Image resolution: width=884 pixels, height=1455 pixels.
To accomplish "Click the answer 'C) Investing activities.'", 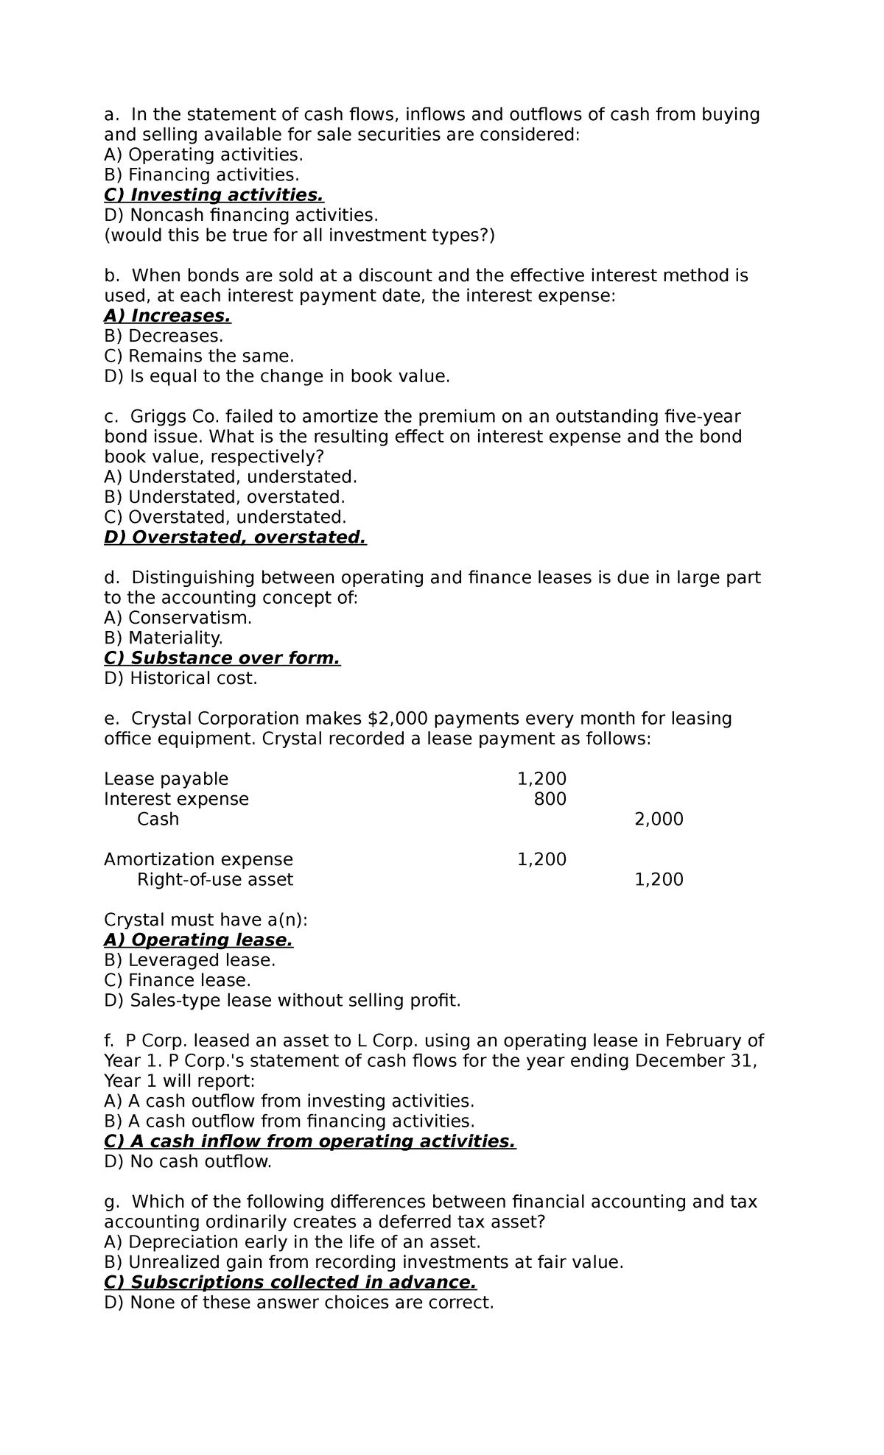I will pos(214,195).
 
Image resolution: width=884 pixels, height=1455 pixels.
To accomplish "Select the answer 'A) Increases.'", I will pos(167,316).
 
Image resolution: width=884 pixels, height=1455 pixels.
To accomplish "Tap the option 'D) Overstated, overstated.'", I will pos(235,538).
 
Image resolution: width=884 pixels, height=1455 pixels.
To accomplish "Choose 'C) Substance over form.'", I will pos(222,658).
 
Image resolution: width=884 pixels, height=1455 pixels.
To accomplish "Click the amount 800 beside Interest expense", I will pos(550,799).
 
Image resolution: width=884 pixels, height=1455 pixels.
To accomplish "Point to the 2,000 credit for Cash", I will pos(659,820).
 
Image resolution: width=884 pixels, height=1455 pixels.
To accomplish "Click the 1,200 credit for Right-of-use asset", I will pos(659,880).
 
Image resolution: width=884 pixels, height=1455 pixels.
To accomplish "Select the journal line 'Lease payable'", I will pos(166,779).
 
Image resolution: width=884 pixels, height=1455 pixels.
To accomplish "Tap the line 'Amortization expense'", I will pos(198,859).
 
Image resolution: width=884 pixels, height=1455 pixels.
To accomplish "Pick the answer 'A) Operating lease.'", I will pos(198,940).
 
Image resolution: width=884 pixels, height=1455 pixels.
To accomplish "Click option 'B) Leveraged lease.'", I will pos(189,960).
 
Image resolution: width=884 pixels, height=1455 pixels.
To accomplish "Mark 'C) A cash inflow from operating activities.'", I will pos(309,1141).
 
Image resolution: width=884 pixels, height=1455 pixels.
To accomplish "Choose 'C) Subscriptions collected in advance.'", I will pos(290,1283).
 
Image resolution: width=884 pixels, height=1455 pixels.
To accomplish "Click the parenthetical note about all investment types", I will pos(300,236).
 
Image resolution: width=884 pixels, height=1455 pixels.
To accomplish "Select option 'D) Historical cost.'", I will pos(180,678).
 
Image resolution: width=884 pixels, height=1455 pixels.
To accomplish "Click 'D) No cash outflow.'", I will pos(188,1162).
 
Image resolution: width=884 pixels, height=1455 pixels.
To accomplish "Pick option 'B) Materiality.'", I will pos(163,638).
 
